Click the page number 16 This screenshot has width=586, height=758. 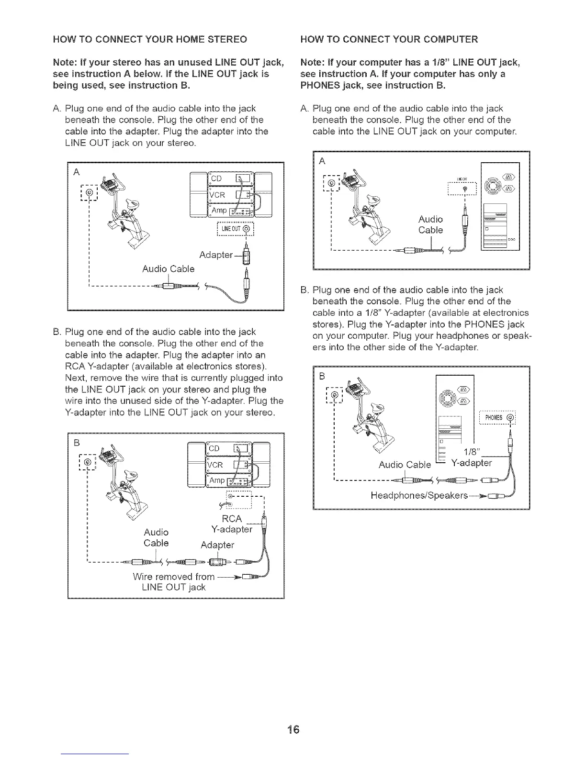[x=293, y=729]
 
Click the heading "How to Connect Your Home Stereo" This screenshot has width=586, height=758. [x=150, y=39]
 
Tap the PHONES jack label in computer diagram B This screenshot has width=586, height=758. [x=495, y=417]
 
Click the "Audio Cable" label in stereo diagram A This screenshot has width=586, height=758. [x=169, y=269]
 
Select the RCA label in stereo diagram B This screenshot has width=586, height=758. [x=232, y=520]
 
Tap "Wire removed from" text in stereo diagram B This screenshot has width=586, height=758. [x=173, y=576]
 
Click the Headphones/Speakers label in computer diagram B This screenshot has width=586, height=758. [x=419, y=495]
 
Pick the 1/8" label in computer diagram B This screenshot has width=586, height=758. [x=473, y=453]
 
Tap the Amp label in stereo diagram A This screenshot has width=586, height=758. [x=220, y=211]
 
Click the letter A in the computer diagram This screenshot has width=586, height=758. [x=322, y=161]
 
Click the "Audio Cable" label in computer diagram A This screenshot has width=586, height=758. [x=430, y=224]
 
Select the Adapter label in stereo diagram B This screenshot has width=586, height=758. [x=217, y=545]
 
